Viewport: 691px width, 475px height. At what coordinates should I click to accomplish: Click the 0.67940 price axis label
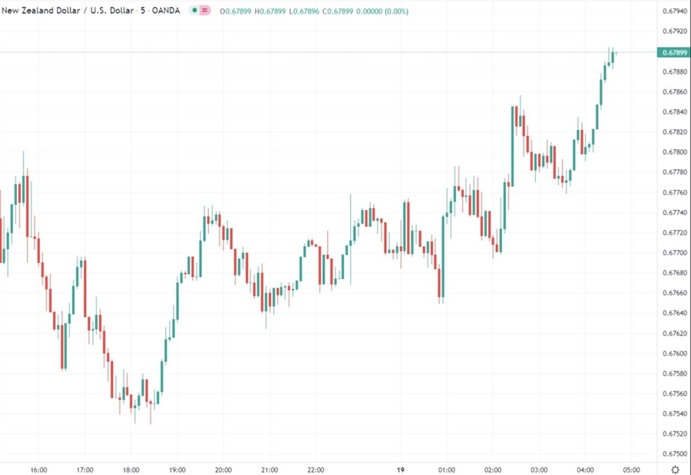pos(673,12)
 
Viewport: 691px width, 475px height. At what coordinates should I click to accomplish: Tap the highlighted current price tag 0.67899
pos(673,52)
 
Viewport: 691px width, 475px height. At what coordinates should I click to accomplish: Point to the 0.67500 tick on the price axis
pos(673,453)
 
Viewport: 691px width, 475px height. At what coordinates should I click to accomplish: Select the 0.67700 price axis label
pos(673,253)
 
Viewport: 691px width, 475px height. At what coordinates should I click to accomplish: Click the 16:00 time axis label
pos(38,470)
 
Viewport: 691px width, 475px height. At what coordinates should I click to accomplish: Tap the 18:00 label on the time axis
pos(131,470)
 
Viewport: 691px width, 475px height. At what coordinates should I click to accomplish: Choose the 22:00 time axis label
pos(316,470)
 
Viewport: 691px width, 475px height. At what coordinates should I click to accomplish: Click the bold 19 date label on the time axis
pos(400,470)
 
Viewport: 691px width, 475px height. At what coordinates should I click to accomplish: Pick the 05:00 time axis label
pos(631,470)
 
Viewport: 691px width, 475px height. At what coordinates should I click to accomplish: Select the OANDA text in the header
pos(167,12)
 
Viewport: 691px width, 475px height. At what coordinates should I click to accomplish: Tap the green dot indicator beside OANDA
pos(194,12)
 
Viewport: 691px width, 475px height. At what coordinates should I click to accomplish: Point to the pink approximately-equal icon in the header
pos(206,12)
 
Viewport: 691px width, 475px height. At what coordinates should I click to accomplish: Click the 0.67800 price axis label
pos(673,152)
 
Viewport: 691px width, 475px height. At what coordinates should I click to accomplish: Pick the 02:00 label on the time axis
pos(493,470)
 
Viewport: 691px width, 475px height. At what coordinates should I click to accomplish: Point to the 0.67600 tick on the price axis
pos(673,354)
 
